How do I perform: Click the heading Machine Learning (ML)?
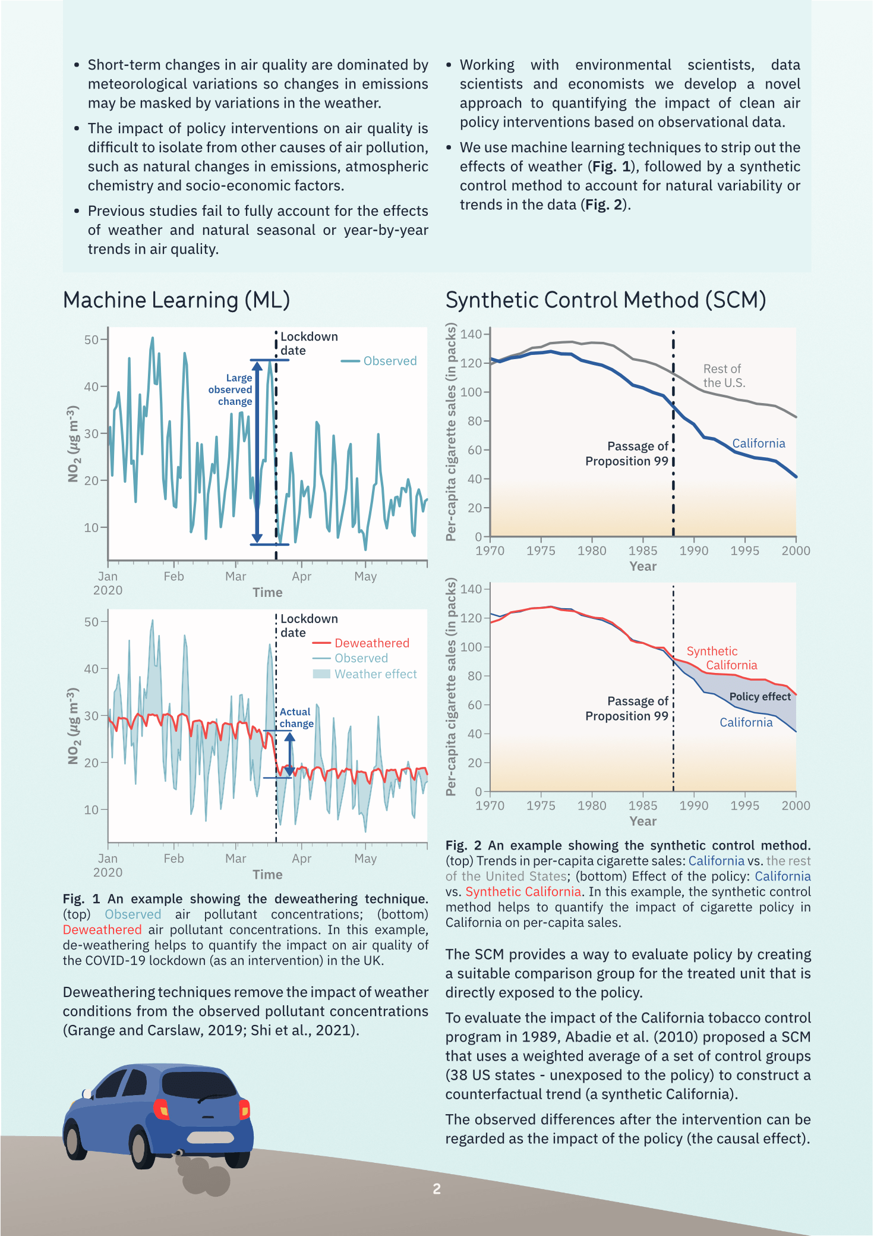coord(176,300)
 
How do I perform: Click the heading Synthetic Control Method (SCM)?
coord(605,300)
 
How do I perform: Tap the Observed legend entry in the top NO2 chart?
coord(390,361)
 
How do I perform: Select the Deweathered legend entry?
coord(371,643)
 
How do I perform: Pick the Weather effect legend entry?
coord(375,674)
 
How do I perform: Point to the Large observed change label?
coord(231,389)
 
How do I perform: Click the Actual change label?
coord(296,718)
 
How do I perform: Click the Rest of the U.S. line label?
coord(723,376)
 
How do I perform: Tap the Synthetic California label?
coord(721,658)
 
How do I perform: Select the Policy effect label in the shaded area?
coord(760,696)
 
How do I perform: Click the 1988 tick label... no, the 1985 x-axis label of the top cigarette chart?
coord(643,551)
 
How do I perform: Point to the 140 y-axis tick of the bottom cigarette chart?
coord(471,589)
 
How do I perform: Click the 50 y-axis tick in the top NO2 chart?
coord(91,339)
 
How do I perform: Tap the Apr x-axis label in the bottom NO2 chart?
coord(301,858)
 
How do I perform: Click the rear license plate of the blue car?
coord(210,1137)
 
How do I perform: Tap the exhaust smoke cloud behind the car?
coord(202,1177)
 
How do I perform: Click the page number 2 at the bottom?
coord(437,1188)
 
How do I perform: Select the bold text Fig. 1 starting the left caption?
coord(81,898)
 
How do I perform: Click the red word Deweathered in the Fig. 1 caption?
coord(102,929)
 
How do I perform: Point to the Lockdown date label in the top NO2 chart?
coord(308,344)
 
